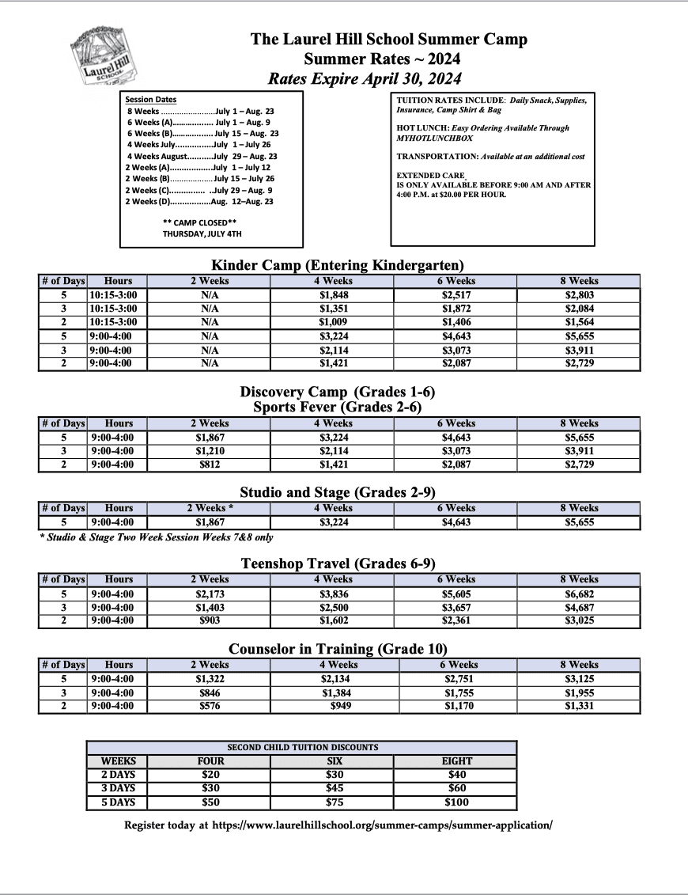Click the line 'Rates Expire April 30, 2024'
[x=365, y=78]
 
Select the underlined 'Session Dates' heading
[x=151, y=100]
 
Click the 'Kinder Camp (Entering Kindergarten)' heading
[x=338, y=264]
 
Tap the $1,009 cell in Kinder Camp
[x=332, y=322]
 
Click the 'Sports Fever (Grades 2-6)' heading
[x=338, y=407]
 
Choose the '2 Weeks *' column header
[x=210, y=508]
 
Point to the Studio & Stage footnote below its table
[x=156, y=537]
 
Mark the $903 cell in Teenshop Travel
[x=210, y=621]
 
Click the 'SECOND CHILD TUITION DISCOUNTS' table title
[x=302, y=747]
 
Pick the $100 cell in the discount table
[x=456, y=802]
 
